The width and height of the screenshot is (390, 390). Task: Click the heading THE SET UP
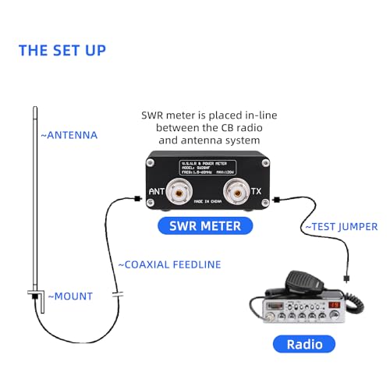pyautogui.click(x=62, y=51)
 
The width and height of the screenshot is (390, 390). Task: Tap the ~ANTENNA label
pyautogui.click(x=69, y=135)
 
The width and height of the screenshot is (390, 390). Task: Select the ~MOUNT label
pyautogui.click(x=70, y=296)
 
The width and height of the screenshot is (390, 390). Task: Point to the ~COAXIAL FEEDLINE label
pyautogui.click(x=169, y=264)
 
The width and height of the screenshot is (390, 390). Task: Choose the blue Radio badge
pyautogui.click(x=303, y=344)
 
